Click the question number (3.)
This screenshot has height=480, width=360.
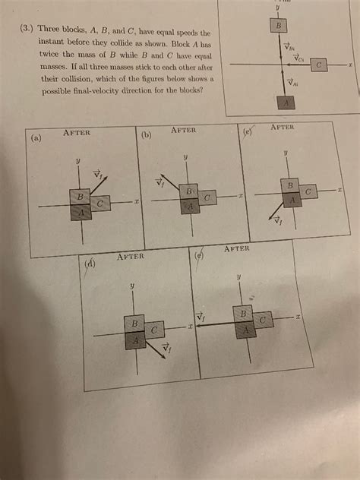(x=29, y=33)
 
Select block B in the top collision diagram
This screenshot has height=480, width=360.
(x=279, y=27)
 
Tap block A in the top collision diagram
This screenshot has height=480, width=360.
(x=286, y=102)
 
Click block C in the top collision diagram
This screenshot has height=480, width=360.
(x=321, y=66)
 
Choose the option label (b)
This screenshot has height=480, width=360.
(x=147, y=135)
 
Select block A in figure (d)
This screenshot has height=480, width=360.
(x=134, y=341)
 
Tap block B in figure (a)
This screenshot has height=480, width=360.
(x=78, y=197)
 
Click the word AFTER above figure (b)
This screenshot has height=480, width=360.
(x=184, y=131)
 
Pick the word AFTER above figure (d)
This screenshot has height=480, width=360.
(x=130, y=257)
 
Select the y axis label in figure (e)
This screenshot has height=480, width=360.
(x=238, y=278)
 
